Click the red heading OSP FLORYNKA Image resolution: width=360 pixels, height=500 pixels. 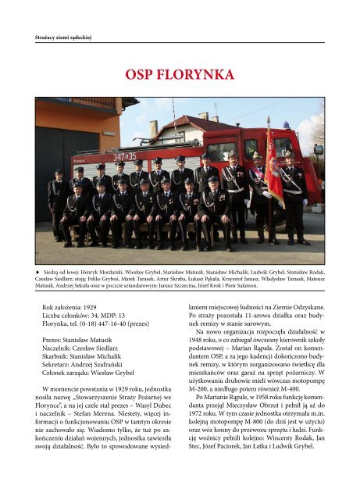[179, 75]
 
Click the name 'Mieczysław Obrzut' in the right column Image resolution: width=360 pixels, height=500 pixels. [271, 416]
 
